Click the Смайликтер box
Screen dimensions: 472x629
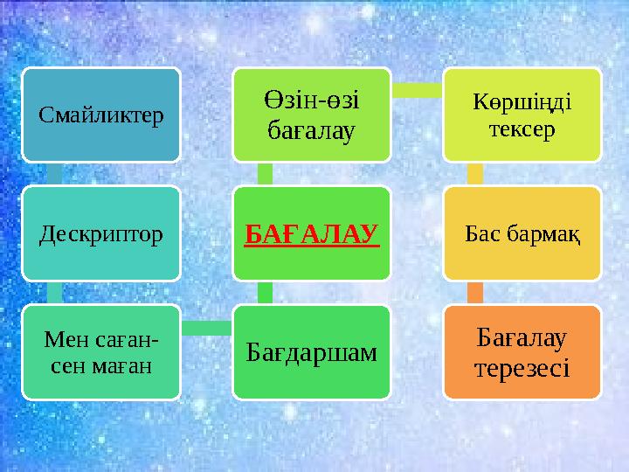101,115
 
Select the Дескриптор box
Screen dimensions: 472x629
101,234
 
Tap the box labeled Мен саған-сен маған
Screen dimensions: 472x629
101,352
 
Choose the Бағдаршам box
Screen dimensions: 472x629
312,352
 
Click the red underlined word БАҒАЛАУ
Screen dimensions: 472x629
312,234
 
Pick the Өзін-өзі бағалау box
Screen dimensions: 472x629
312,115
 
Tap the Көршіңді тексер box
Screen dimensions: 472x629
522,115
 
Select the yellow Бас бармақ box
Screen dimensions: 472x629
522,234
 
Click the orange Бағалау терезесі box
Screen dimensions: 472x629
522,352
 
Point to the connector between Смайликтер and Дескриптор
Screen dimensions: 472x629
54,174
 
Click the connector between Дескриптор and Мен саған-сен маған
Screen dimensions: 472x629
54,293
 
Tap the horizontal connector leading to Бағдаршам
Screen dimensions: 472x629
206,329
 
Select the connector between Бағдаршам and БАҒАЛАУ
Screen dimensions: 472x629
266,293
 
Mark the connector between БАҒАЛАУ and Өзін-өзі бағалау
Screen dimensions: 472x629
266,174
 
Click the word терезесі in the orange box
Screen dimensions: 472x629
522,368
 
